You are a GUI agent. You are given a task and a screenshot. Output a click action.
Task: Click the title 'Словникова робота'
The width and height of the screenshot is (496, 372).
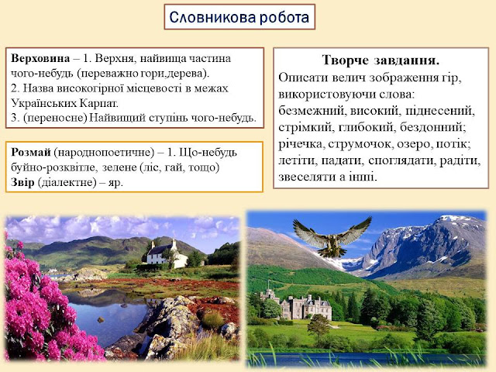(x=239, y=17)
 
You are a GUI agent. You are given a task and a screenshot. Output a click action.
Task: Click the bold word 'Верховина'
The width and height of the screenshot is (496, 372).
(x=40, y=59)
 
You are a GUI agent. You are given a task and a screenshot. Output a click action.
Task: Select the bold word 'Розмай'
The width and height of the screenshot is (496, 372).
(x=31, y=153)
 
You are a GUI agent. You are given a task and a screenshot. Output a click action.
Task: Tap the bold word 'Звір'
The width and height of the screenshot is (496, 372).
(x=22, y=182)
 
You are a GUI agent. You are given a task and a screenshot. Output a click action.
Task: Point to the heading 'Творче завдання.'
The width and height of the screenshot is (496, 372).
(x=381, y=60)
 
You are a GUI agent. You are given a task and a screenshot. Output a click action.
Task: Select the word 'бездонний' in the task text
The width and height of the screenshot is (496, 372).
(x=432, y=127)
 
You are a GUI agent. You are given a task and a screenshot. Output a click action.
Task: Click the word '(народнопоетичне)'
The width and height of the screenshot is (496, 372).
(x=104, y=153)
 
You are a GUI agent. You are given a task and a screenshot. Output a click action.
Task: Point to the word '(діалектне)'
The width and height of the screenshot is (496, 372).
(x=67, y=183)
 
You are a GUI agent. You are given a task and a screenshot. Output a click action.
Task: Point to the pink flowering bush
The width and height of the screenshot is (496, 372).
(x=41, y=304)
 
